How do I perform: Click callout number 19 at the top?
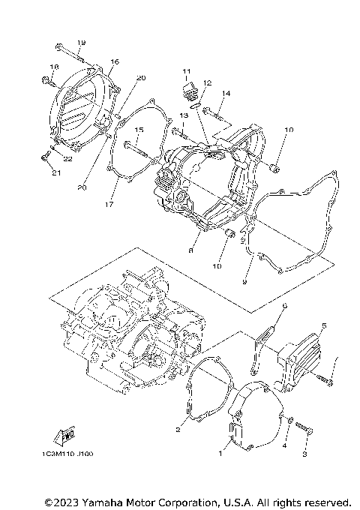pos(81,42)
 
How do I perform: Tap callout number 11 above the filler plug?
pos(184,71)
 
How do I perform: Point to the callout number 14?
pos(226,93)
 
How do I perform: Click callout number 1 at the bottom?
pos(220,453)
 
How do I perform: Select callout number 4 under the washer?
pos(284,445)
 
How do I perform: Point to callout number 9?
pos(244,282)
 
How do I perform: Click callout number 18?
pos(52,67)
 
